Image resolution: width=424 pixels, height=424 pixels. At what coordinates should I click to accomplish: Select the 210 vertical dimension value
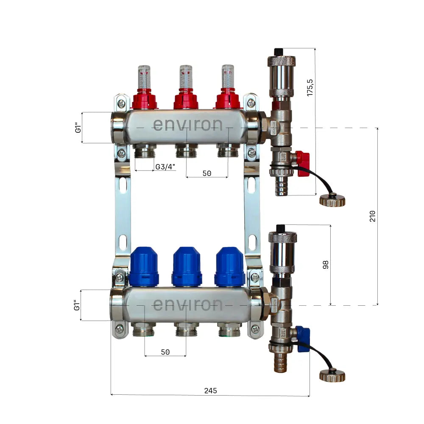[372, 216]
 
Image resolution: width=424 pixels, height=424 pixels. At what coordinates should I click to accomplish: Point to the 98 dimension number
[325, 265]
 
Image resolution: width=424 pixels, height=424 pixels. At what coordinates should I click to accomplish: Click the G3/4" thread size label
[165, 167]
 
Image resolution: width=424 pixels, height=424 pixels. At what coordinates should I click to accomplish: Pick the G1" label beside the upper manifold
[78, 128]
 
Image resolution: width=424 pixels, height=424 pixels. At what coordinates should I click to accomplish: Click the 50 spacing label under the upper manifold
[206, 173]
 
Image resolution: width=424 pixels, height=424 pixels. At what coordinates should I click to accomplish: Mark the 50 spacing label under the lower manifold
[165, 352]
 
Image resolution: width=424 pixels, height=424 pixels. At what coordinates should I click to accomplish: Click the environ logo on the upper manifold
[187, 125]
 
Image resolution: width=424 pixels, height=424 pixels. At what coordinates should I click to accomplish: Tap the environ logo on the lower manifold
[187, 304]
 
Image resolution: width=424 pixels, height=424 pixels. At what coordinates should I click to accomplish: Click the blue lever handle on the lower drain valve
[303, 338]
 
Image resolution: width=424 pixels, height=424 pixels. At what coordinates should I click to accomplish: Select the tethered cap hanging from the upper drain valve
[332, 199]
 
